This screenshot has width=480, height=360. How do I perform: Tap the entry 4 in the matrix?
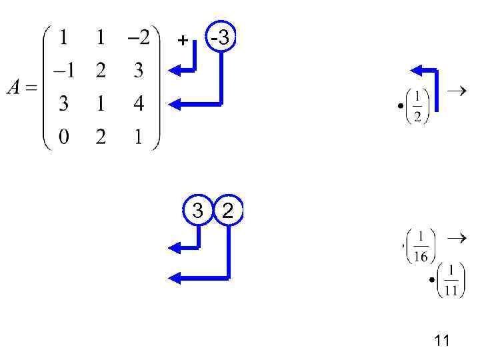click(x=139, y=105)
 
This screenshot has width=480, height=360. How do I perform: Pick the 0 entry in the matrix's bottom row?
click(x=63, y=137)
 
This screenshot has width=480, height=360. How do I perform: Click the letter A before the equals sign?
click(x=15, y=87)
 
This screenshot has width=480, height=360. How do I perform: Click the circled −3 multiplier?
click(x=220, y=39)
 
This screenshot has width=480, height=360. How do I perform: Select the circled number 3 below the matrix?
click(x=198, y=211)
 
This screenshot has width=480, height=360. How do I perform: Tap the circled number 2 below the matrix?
click(x=228, y=211)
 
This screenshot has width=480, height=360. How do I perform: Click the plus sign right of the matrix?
click(x=183, y=41)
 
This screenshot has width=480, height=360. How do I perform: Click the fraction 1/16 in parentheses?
click(x=421, y=247)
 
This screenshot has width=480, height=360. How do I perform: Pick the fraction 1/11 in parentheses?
click(x=451, y=279)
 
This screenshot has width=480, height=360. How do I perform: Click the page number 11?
click(x=441, y=341)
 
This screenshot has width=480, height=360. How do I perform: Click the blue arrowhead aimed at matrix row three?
click(x=175, y=103)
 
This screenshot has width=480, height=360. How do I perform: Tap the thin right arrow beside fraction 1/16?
click(x=455, y=237)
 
